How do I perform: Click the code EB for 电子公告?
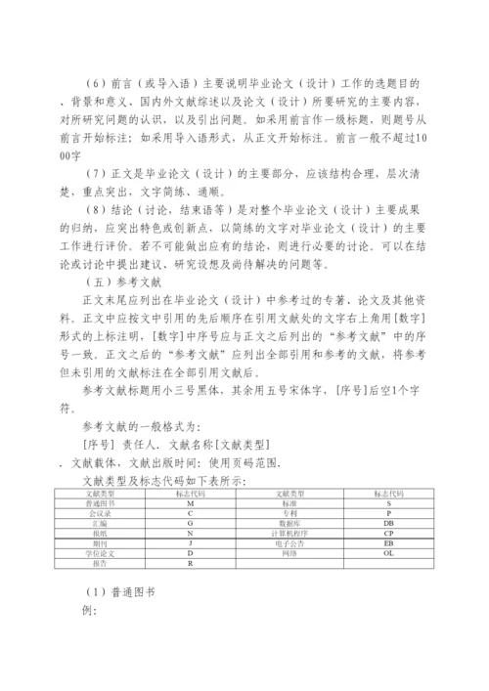coord(388,543)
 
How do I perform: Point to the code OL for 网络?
coord(388,553)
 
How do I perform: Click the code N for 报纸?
coord(189,535)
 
